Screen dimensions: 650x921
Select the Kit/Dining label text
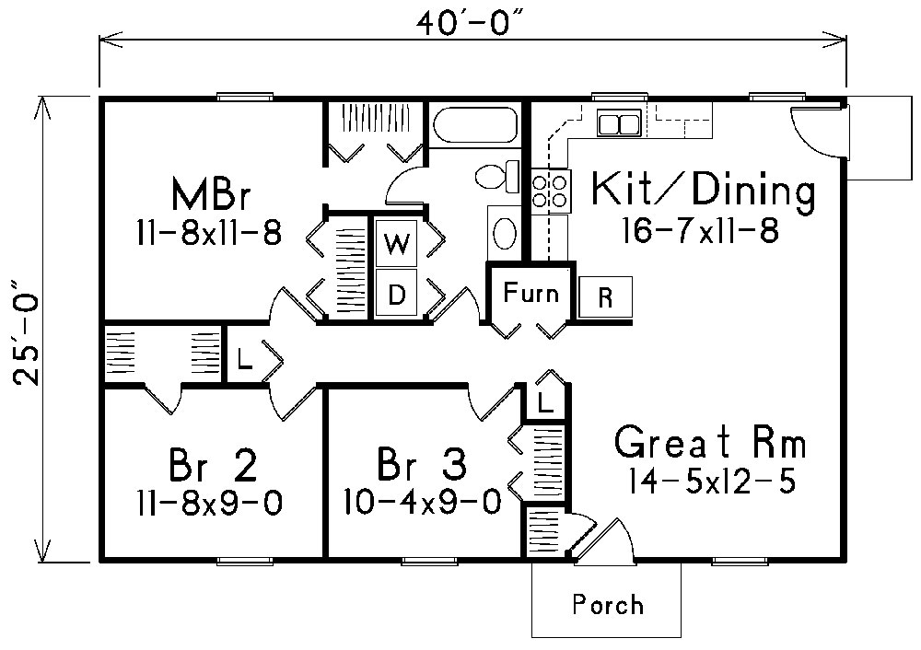click(x=703, y=191)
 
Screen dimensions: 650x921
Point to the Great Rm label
click(x=710, y=444)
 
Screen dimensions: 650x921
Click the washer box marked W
click(x=396, y=244)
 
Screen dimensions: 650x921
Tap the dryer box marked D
click(x=396, y=295)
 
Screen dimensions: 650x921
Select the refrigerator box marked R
click(x=604, y=297)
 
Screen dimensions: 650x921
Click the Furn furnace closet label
click(x=530, y=294)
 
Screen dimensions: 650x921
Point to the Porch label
click(x=607, y=605)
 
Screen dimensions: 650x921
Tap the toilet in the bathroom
click(x=490, y=175)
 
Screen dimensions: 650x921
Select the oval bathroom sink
click(x=505, y=233)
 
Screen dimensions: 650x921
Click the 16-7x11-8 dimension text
click(x=699, y=230)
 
